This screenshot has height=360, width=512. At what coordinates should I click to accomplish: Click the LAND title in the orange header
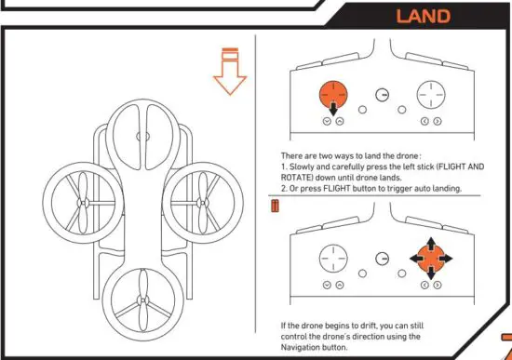(424, 16)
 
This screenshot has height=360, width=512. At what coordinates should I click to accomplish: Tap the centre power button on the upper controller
(382, 96)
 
